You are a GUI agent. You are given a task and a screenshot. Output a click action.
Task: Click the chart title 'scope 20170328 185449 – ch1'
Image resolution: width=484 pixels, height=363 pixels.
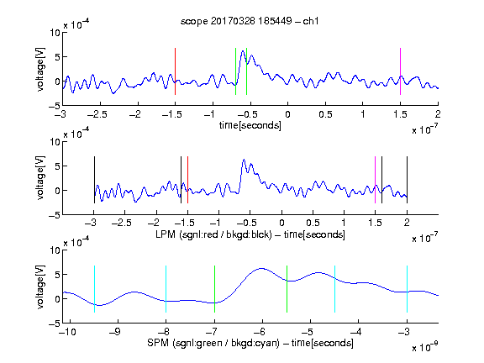click(x=250, y=21)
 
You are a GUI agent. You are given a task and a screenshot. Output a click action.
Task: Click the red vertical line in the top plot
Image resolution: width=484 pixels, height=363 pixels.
click(x=175, y=71)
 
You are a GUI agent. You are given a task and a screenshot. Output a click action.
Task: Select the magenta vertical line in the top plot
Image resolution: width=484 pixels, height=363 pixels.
click(x=400, y=71)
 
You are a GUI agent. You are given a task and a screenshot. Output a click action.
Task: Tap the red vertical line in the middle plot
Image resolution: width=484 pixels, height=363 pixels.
click(x=187, y=180)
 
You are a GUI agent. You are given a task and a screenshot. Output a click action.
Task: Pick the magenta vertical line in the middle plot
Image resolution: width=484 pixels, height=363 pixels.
click(x=375, y=180)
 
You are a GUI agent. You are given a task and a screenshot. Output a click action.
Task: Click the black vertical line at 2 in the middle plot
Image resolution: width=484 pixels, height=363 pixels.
click(x=407, y=180)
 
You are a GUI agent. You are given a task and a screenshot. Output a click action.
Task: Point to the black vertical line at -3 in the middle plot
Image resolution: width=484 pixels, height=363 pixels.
click(x=94, y=180)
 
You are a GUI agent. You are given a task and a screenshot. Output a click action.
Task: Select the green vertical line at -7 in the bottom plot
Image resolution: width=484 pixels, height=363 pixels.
click(x=214, y=289)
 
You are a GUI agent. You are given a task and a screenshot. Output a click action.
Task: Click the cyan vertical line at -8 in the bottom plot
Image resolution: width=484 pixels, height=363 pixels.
click(x=166, y=289)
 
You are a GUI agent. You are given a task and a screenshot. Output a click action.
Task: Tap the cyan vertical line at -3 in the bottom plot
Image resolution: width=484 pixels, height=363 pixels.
click(x=407, y=289)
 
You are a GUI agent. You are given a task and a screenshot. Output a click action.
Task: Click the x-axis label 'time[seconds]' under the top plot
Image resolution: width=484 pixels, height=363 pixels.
click(x=250, y=125)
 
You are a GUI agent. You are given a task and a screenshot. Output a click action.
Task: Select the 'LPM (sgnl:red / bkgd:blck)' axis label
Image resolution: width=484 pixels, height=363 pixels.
click(x=213, y=234)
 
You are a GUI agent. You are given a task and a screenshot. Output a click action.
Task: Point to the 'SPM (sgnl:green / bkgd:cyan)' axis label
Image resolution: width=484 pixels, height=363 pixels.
click(x=213, y=343)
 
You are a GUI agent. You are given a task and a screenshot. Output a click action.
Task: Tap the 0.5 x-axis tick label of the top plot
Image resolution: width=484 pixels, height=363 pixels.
click(x=325, y=114)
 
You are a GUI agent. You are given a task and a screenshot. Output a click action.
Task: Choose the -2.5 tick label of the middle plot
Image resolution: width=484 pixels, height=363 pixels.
click(x=122, y=223)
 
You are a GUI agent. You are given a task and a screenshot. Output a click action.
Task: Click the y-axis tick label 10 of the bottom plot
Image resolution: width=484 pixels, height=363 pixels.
click(x=55, y=250)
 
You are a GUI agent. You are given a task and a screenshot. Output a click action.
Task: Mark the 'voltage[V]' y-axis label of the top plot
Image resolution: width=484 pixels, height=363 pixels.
click(x=40, y=69)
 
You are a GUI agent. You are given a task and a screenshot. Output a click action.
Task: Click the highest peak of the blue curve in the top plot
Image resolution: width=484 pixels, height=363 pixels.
click(x=243, y=50)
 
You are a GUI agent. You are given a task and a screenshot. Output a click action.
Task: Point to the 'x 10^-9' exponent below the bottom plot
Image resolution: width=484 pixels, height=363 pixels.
click(x=425, y=347)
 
